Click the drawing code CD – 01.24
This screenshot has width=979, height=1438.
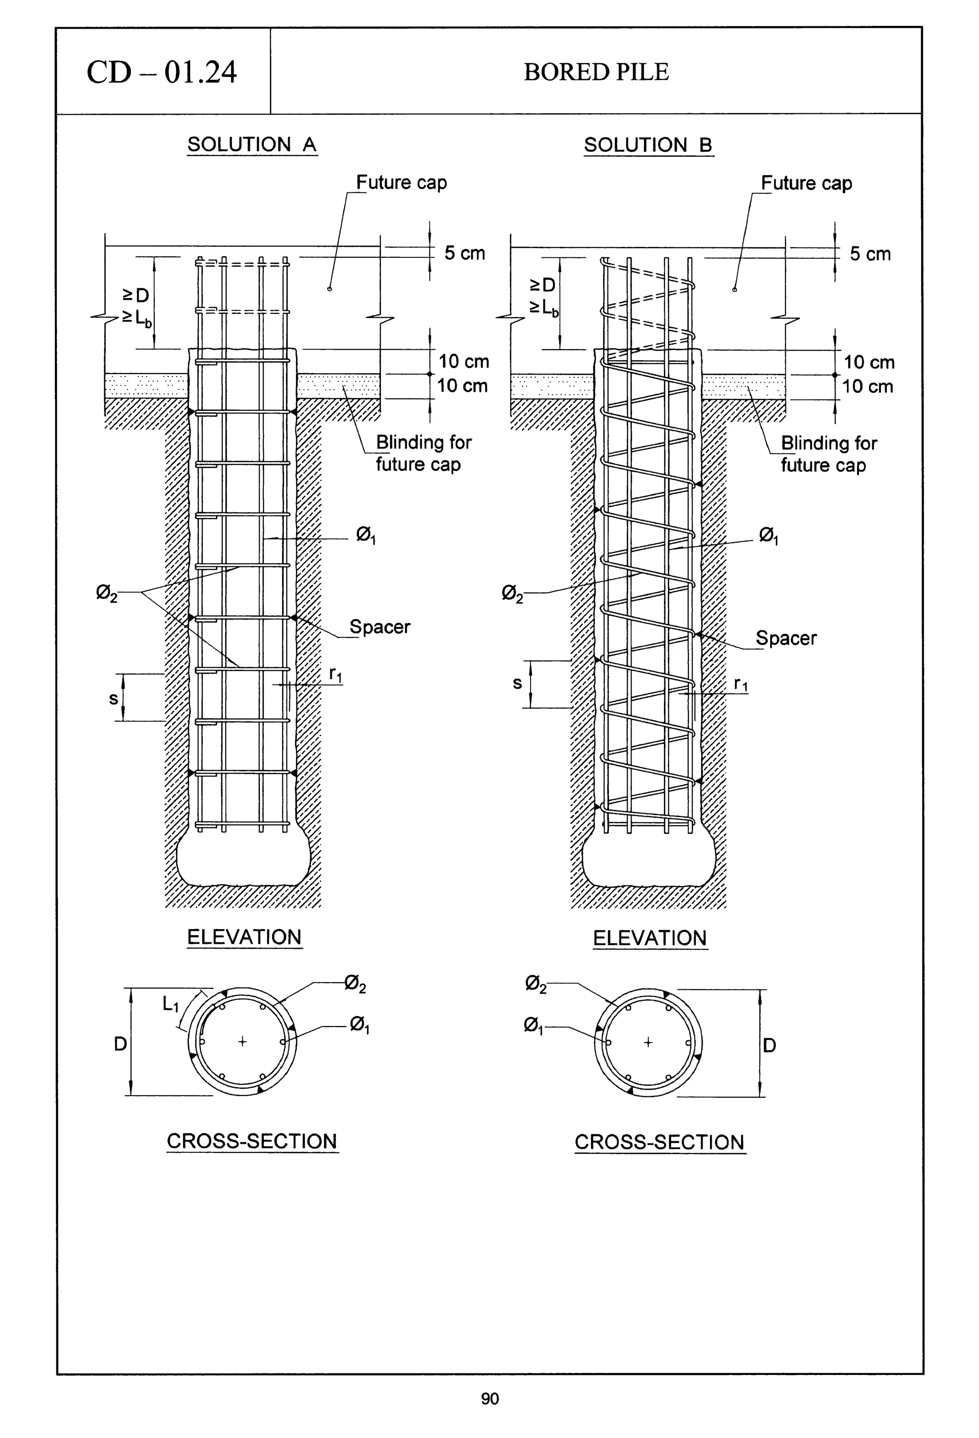point(162,72)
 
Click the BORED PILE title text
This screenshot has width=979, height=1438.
point(596,72)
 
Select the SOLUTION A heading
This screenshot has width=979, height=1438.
point(252,145)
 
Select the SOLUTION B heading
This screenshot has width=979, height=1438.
point(648,145)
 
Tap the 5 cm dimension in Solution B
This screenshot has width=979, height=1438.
point(870,254)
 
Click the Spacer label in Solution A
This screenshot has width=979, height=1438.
point(380,627)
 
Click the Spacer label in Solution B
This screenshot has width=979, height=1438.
point(785,638)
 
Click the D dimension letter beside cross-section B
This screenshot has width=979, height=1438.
point(769,1046)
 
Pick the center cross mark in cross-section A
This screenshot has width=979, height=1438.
point(242,1042)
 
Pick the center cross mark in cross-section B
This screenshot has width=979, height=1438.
point(648,1042)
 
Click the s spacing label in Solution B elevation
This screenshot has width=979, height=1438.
point(517,683)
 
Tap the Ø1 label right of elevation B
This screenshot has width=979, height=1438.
point(768,535)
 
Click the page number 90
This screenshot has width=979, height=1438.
point(489,1398)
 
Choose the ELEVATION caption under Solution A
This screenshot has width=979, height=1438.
point(244,937)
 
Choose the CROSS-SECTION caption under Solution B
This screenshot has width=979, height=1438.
point(659,1142)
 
